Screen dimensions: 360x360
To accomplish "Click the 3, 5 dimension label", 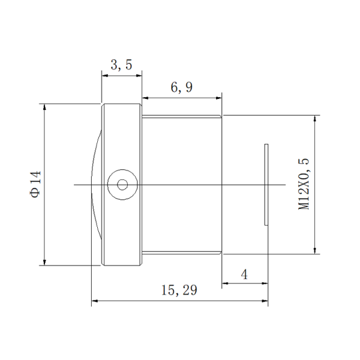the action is tap(121, 65).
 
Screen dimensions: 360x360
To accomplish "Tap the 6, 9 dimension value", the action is tap(181, 88).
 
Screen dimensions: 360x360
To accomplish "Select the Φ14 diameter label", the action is tap(35, 184).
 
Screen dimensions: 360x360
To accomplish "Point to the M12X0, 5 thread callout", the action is tap(304, 184).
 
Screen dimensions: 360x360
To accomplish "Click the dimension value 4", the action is tap(244, 274).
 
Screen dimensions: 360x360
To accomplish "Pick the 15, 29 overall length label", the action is tap(179, 290).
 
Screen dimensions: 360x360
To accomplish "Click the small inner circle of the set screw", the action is tap(122, 185).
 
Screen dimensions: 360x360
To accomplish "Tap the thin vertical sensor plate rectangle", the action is tap(266, 185).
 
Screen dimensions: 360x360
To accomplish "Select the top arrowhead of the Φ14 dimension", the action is tap(44, 107).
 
